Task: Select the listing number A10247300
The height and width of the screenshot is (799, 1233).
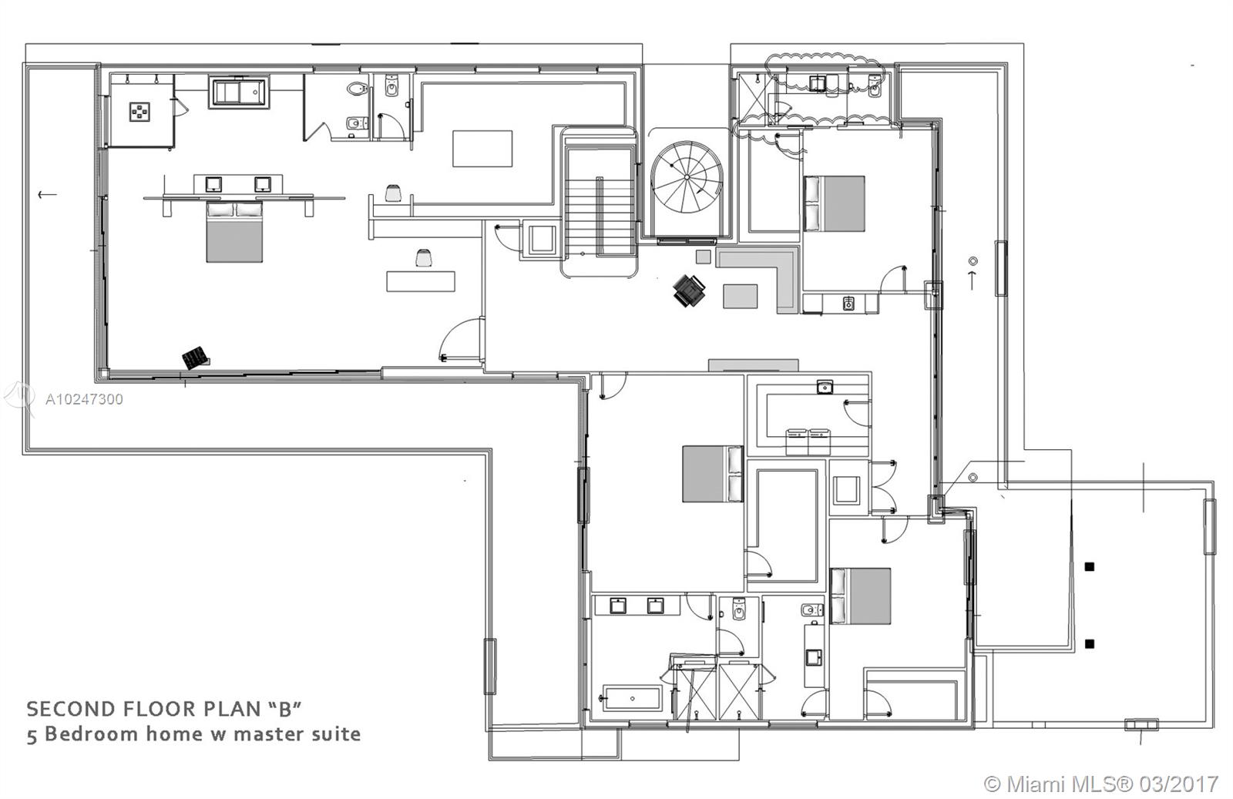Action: pos(84,399)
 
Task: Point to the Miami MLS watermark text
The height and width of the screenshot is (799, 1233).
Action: pos(1101,784)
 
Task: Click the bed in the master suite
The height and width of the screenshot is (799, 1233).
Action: pos(235,231)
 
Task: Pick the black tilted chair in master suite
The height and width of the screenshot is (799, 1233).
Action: pos(195,358)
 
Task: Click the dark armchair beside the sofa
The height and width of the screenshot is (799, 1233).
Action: pos(689,290)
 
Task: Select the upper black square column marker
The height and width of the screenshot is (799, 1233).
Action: pos(1089,567)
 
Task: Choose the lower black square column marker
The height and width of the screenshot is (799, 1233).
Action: pos(1089,643)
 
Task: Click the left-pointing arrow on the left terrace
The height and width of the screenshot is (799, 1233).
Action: pos(47,194)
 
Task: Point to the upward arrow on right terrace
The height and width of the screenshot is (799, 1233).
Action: pos(973,279)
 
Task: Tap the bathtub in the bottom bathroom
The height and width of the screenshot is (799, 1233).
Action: pos(632,698)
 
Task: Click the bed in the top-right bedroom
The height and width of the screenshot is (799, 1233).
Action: pos(834,203)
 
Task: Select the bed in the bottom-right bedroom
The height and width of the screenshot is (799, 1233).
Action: pos(860,596)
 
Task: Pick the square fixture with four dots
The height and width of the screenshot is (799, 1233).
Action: pos(139,112)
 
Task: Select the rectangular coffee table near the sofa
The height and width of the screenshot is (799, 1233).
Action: pos(740,296)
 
